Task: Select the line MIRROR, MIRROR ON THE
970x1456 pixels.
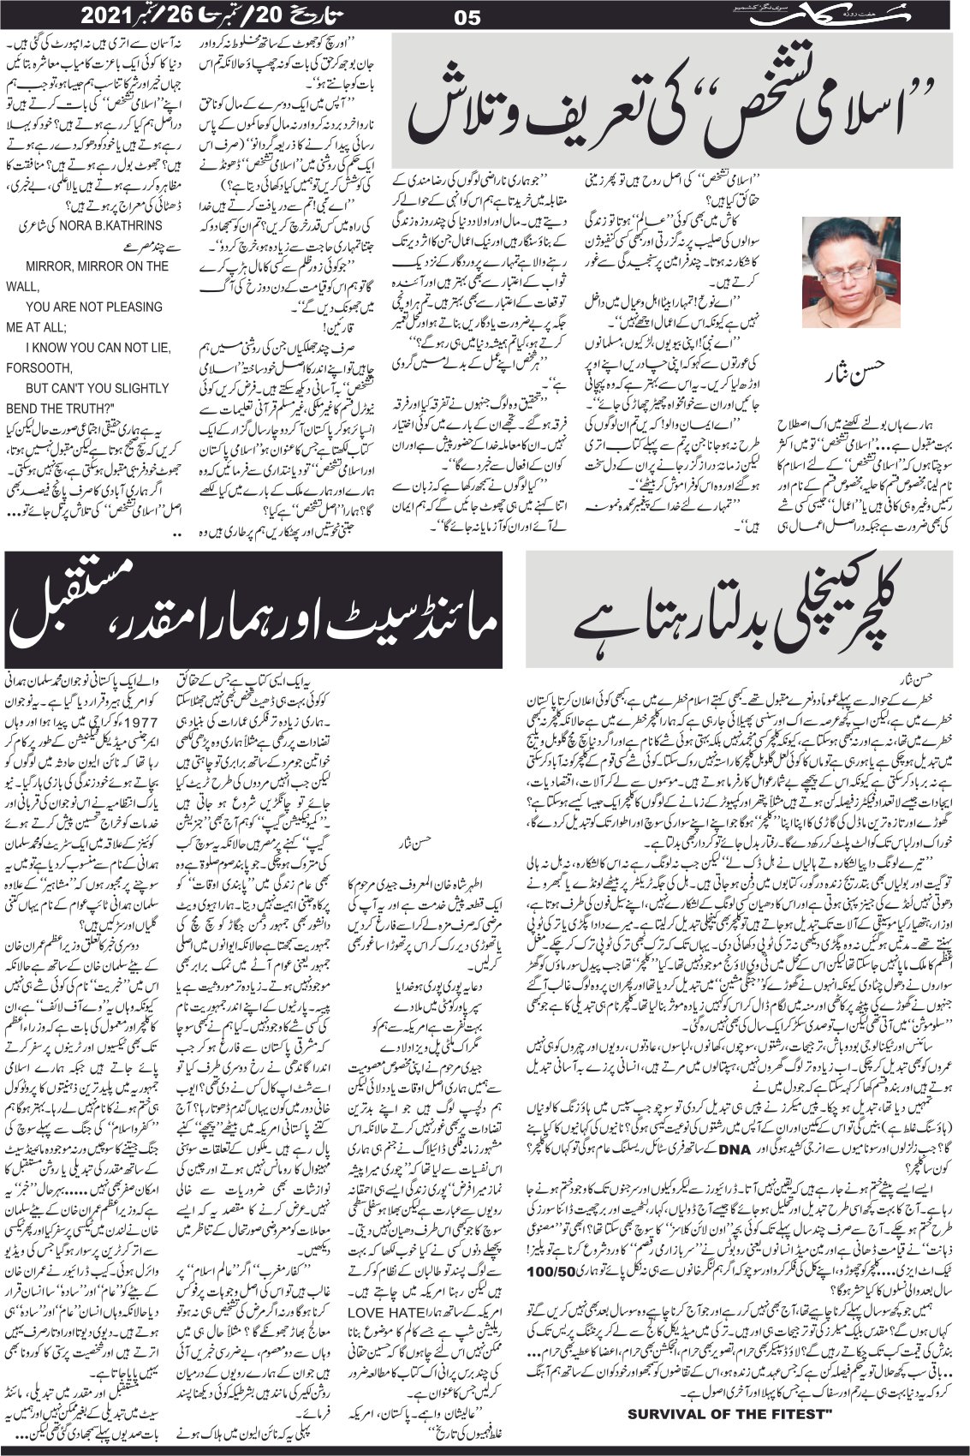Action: pyautogui.click(x=98, y=266)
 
